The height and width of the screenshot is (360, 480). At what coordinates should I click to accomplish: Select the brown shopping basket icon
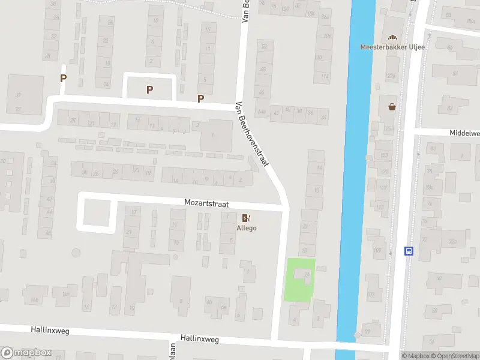tap(392, 107)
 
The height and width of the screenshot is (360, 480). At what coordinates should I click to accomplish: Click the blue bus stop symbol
tap(409, 251)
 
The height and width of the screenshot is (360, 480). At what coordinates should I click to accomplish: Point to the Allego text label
tap(247, 229)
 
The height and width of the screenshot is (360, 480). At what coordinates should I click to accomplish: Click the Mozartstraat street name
tap(207, 205)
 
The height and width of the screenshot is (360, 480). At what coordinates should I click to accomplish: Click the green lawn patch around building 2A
tap(299, 280)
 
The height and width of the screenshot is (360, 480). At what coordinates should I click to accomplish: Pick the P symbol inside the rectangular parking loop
tap(149, 89)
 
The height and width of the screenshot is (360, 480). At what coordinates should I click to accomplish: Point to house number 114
tap(325, 76)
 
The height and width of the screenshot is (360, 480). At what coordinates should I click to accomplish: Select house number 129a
tap(391, 76)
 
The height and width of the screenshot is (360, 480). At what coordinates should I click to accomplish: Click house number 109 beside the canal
tap(377, 249)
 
